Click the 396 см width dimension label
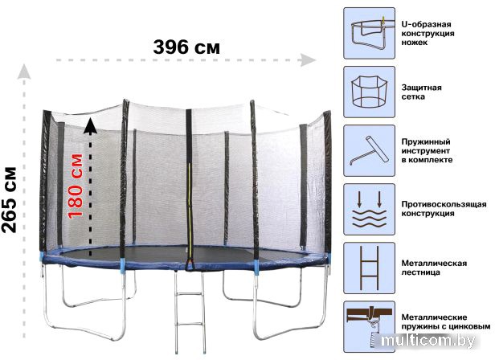pos(186,47)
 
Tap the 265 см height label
pos(9,200)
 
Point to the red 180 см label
pos(76,186)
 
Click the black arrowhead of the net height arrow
pos(90,125)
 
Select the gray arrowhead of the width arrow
pos(308,60)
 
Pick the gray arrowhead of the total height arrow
pos(24,72)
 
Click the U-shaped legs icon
pos(369,33)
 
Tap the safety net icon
pos(369,92)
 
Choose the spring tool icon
pos(369,150)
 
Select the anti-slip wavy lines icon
pos(369,210)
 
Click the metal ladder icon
pos(369,268)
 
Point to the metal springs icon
pos(369,326)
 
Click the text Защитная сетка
pos(421,92)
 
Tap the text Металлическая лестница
pos(434,268)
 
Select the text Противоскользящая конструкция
pos(444,209)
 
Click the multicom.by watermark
pos(428,341)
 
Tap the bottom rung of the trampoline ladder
pos(190,322)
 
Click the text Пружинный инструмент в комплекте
pos(427,150)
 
